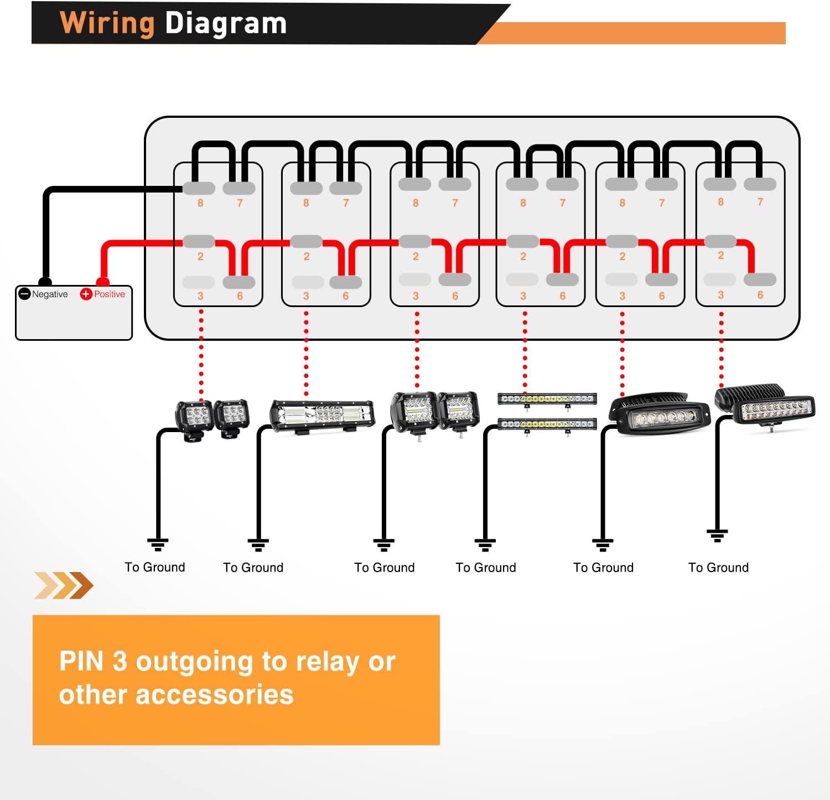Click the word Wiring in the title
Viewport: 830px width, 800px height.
107,24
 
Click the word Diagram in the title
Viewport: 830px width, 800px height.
226,24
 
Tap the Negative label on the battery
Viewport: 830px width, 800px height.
50,294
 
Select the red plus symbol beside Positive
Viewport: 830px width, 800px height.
86,294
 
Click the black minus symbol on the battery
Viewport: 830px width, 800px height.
24,294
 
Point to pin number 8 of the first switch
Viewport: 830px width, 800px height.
200,203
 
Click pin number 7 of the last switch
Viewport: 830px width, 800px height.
760,202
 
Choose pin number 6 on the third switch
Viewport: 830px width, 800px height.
455,296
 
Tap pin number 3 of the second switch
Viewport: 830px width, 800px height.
306,296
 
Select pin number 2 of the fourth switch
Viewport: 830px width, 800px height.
523,256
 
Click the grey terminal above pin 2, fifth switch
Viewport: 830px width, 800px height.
622,241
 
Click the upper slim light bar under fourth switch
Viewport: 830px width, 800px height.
547,398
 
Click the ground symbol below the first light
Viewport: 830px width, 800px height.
158,544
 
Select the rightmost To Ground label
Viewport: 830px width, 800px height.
718,568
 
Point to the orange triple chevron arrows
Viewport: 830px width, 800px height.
64,585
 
